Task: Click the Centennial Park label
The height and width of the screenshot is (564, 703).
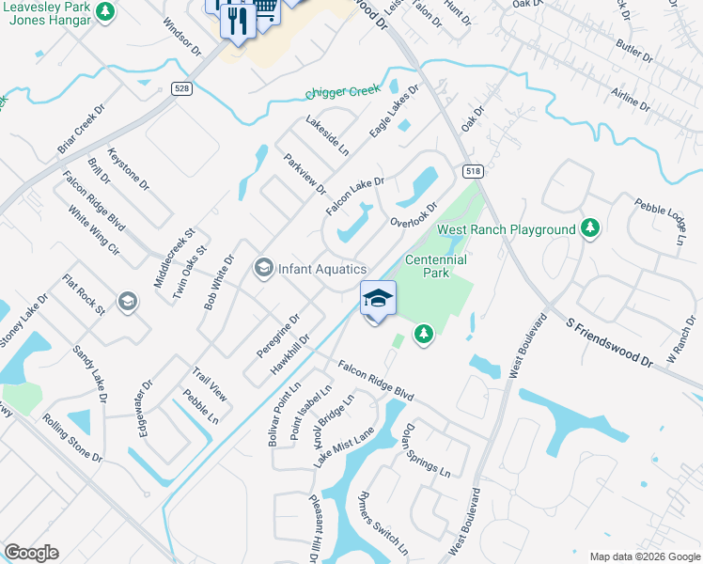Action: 436,266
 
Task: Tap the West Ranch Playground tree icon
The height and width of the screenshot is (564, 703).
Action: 590,228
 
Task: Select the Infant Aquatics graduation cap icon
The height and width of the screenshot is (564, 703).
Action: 263,269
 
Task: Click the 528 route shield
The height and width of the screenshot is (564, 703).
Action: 182,88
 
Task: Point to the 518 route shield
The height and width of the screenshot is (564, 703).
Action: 472,171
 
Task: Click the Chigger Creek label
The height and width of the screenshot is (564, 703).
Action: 342,92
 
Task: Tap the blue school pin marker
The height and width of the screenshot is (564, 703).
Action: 378,300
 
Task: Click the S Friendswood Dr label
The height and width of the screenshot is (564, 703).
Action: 610,341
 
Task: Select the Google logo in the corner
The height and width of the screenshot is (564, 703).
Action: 31,552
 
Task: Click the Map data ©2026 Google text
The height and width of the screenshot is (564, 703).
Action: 645,556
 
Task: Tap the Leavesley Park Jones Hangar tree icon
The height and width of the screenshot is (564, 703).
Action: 106,11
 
